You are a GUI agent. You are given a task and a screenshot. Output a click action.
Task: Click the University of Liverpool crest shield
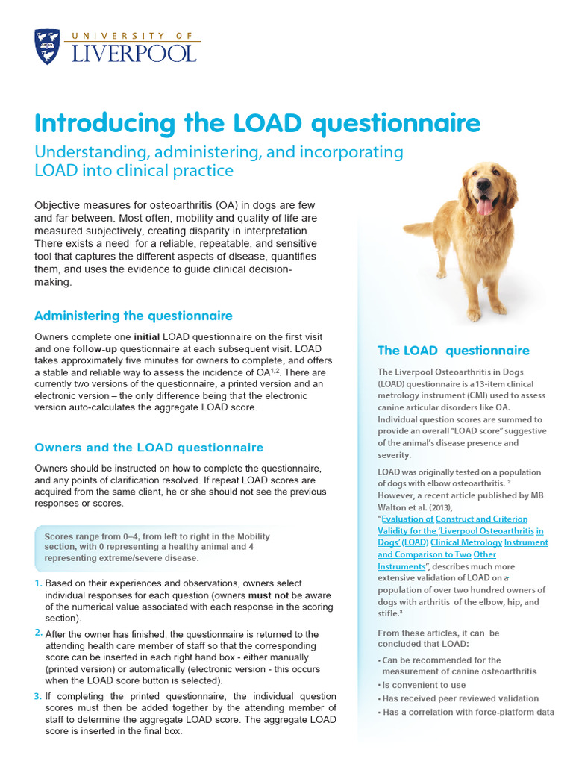tap(48, 46)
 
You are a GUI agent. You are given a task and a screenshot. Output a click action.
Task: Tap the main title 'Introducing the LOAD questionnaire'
tap(257, 123)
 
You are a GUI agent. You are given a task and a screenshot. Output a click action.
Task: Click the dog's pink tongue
tap(485, 204)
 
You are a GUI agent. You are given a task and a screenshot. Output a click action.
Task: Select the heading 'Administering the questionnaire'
tap(134, 316)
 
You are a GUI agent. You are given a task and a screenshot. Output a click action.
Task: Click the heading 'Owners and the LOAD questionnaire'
tap(149, 448)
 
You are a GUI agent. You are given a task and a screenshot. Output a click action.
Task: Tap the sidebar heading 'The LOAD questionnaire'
tap(454, 351)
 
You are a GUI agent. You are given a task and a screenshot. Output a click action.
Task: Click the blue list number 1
tap(38, 583)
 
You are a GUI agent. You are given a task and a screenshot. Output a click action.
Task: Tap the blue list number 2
tap(38, 633)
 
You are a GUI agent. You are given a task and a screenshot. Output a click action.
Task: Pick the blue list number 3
tap(38, 695)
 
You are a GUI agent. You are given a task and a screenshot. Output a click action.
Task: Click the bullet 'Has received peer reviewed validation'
tap(460, 698)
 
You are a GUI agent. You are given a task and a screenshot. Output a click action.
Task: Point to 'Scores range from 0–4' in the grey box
tap(95, 536)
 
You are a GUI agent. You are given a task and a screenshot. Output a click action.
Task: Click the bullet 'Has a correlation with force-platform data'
tap(468, 712)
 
